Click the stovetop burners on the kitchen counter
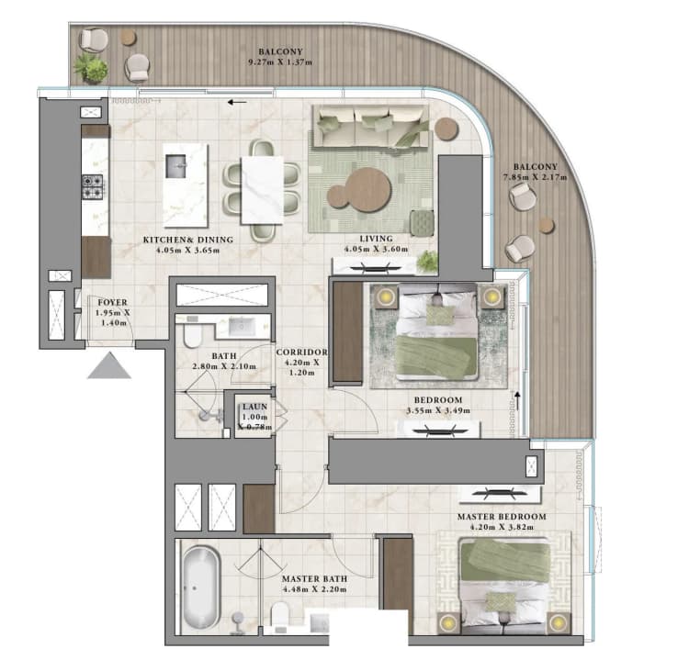[x=94, y=186]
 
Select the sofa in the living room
[x=369, y=128]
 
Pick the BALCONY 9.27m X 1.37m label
[x=280, y=58]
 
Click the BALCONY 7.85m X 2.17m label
[x=535, y=173]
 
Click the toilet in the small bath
[x=190, y=339]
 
